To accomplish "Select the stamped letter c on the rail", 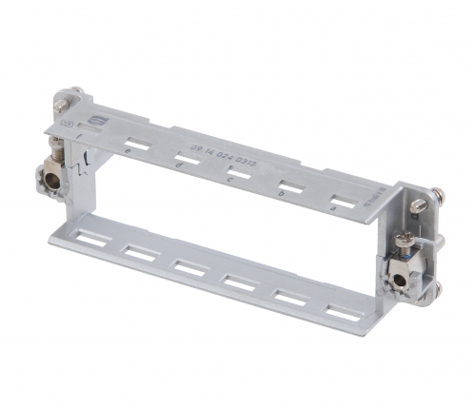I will tap(228, 178).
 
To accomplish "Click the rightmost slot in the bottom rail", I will tap(335, 312).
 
